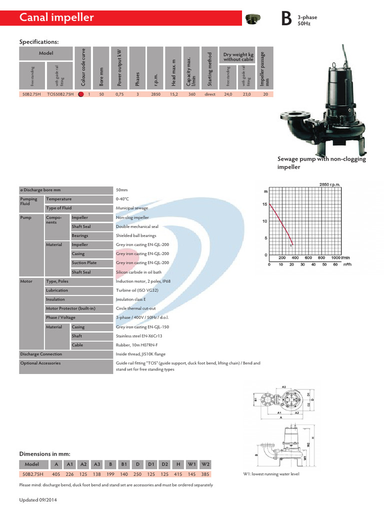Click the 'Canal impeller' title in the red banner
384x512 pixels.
(56, 18)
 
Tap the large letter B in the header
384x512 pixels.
(285, 19)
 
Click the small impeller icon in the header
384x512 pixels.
(253, 19)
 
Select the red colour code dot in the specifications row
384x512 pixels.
(80, 93)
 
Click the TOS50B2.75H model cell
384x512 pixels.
(60, 93)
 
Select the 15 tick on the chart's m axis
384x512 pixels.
(265, 204)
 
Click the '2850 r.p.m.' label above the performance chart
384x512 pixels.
(329, 184)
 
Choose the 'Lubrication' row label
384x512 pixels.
(57, 290)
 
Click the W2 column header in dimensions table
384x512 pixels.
(205, 463)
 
